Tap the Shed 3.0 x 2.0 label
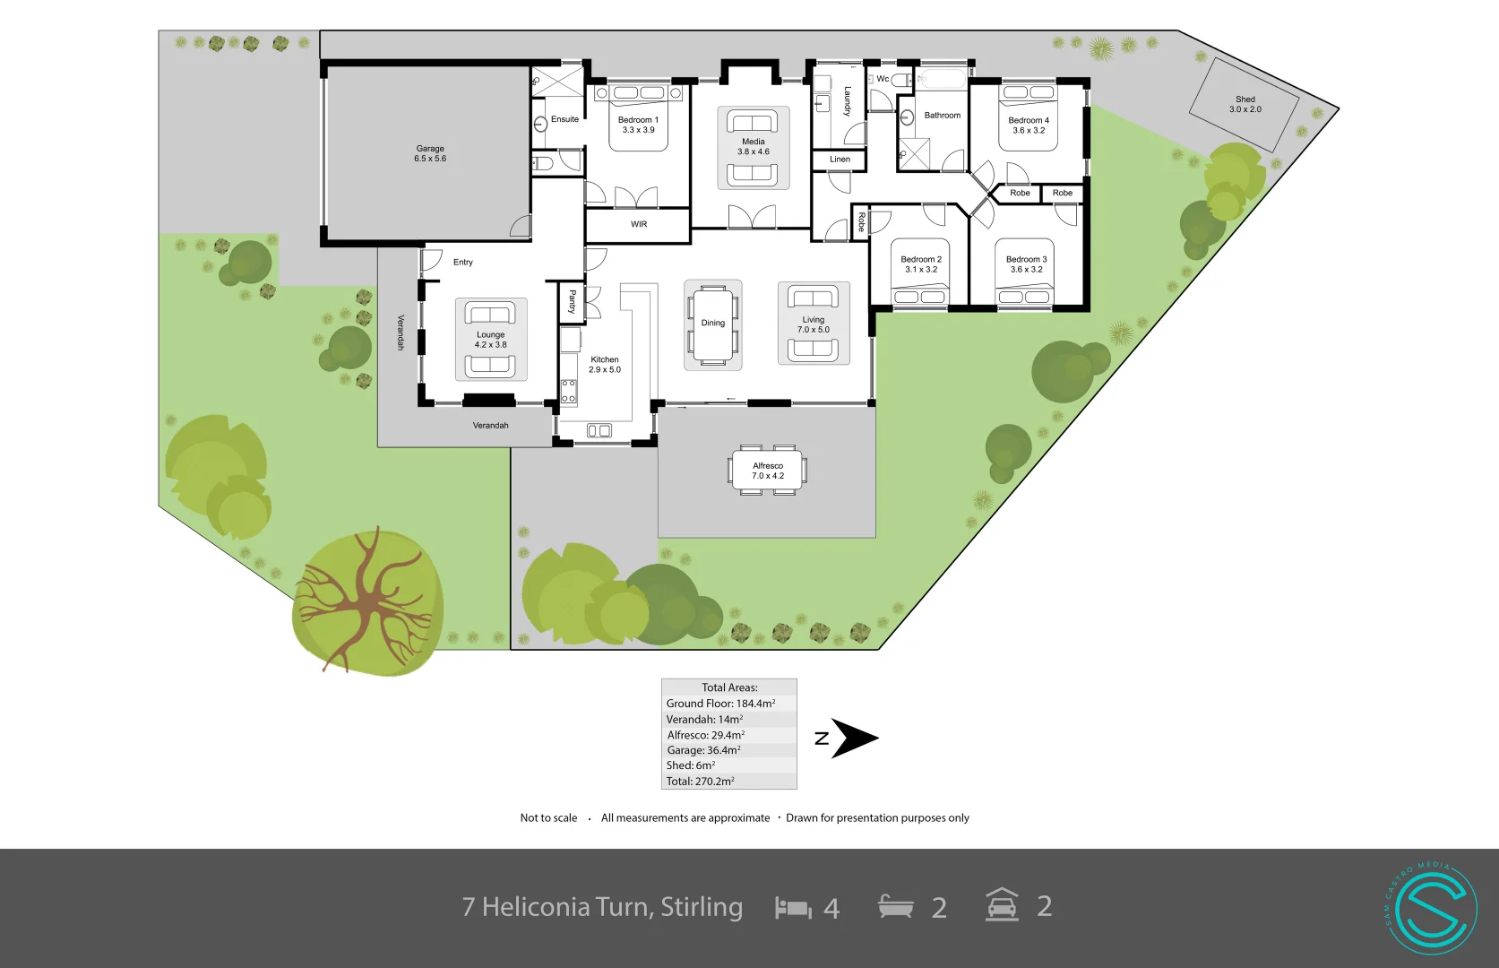pyautogui.click(x=1245, y=104)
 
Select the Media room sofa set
pyautogui.click(x=753, y=148)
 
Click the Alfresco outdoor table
pyautogui.click(x=767, y=471)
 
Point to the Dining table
pyautogui.click(x=713, y=324)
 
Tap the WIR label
pyautogui.click(x=638, y=224)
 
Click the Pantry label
pyautogui.click(x=572, y=301)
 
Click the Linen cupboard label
pyautogui.click(x=840, y=160)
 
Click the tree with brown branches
pyautogui.click(x=366, y=601)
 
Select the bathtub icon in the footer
pyautogui.click(x=895, y=907)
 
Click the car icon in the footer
pyautogui.click(x=1002, y=905)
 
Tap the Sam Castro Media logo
pyautogui.click(x=1432, y=908)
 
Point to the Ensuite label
pyautogui.click(x=564, y=119)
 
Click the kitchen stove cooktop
pyautogui.click(x=569, y=392)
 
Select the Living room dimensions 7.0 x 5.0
pyautogui.click(x=813, y=330)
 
